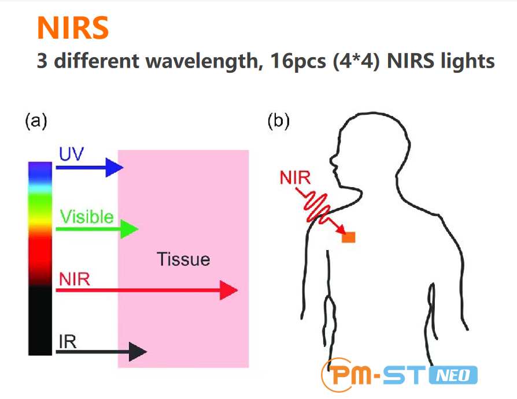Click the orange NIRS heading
click(73, 28)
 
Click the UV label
click(72, 154)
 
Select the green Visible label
click(87, 217)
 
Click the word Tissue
click(183, 259)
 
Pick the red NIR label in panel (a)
click(74, 279)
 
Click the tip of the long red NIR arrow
click(234, 291)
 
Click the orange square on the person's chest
click(348, 237)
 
